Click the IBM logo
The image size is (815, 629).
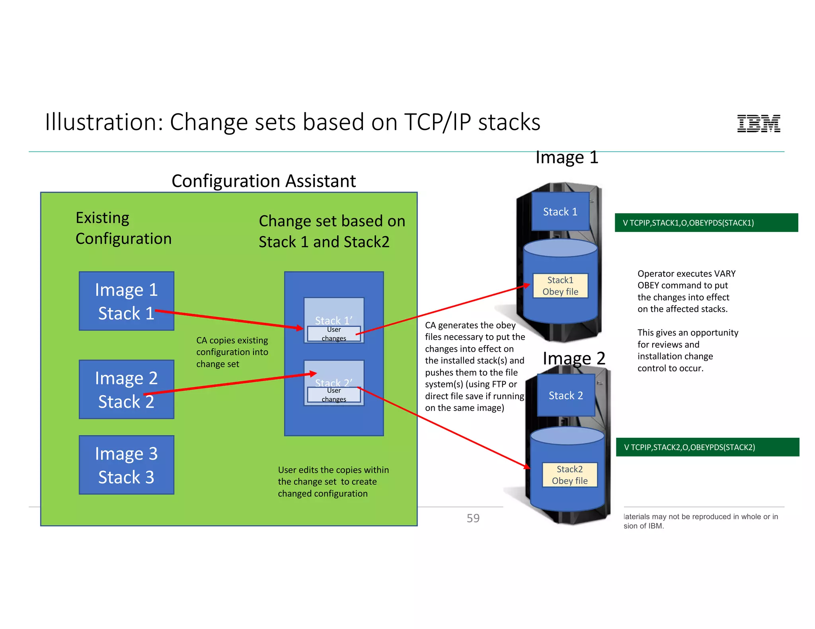(758, 123)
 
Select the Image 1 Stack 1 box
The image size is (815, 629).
(126, 301)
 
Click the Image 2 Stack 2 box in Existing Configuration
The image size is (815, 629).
(126, 389)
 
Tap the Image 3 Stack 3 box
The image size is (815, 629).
(126, 465)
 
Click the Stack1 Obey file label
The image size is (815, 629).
(560, 285)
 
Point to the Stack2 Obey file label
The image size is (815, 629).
(569, 475)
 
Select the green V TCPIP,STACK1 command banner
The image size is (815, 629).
(706, 223)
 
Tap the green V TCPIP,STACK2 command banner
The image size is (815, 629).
(707, 447)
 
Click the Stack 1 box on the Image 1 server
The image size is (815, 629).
(560, 212)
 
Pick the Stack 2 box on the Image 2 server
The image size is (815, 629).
(565, 395)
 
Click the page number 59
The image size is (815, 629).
(473, 518)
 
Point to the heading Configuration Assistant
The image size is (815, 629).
(263, 181)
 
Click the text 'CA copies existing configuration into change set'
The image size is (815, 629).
(232, 352)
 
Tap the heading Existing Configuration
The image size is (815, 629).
(123, 228)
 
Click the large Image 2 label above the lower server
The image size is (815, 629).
(573, 359)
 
